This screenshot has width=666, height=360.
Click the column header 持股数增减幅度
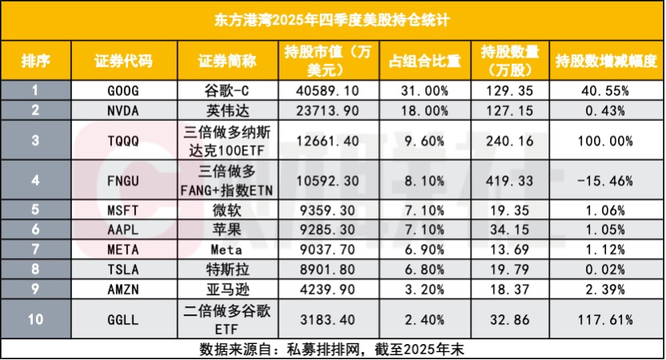pyautogui.click(x=606, y=62)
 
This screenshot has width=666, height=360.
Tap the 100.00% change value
pyautogui.click(x=606, y=140)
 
